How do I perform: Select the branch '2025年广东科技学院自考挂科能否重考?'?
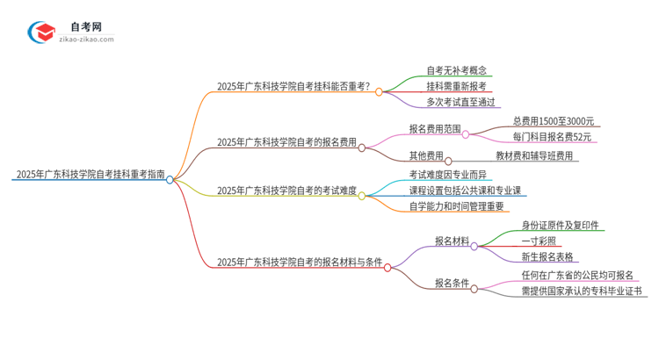(293, 87)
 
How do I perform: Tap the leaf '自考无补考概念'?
(457, 69)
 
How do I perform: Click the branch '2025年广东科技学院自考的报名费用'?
(286, 143)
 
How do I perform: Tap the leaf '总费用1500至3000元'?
(554, 121)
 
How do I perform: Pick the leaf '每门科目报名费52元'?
(553, 138)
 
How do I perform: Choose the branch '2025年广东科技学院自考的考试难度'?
(286, 191)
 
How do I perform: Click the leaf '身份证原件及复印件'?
(561, 225)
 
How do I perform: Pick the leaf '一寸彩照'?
(539, 241)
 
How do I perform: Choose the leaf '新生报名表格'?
(547, 257)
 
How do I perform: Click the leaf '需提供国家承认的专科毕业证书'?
(581, 292)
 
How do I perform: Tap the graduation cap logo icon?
(41, 32)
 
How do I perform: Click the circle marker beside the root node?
(170, 179)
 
